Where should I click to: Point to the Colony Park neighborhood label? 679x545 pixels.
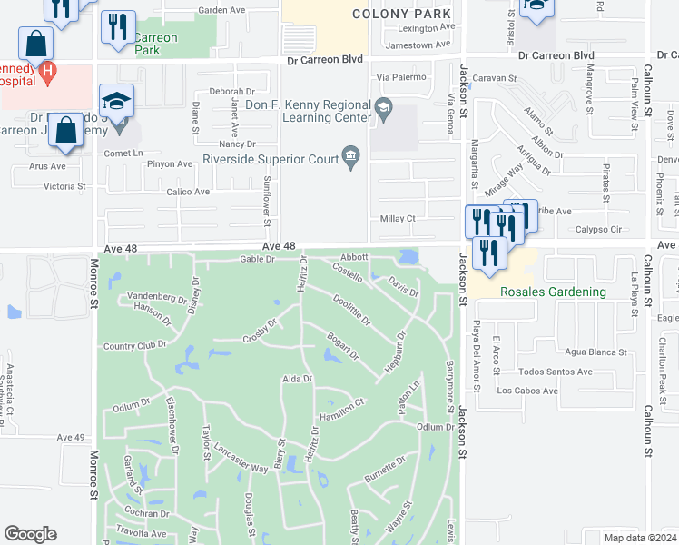tap(401, 15)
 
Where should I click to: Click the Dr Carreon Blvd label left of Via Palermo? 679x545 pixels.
tap(324, 59)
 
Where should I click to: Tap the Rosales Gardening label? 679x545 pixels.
tap(553, 292)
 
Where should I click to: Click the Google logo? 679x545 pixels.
tap(30, 533)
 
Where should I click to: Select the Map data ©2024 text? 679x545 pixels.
tap(640, 538)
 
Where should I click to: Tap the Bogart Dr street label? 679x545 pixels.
tap(344, 346)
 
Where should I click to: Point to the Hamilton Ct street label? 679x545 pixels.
tap(342, 407)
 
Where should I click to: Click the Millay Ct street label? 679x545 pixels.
tap(398, 219)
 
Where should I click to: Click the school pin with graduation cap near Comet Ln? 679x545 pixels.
tap(117, 101)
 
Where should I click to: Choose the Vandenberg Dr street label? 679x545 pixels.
tap(157, 296)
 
